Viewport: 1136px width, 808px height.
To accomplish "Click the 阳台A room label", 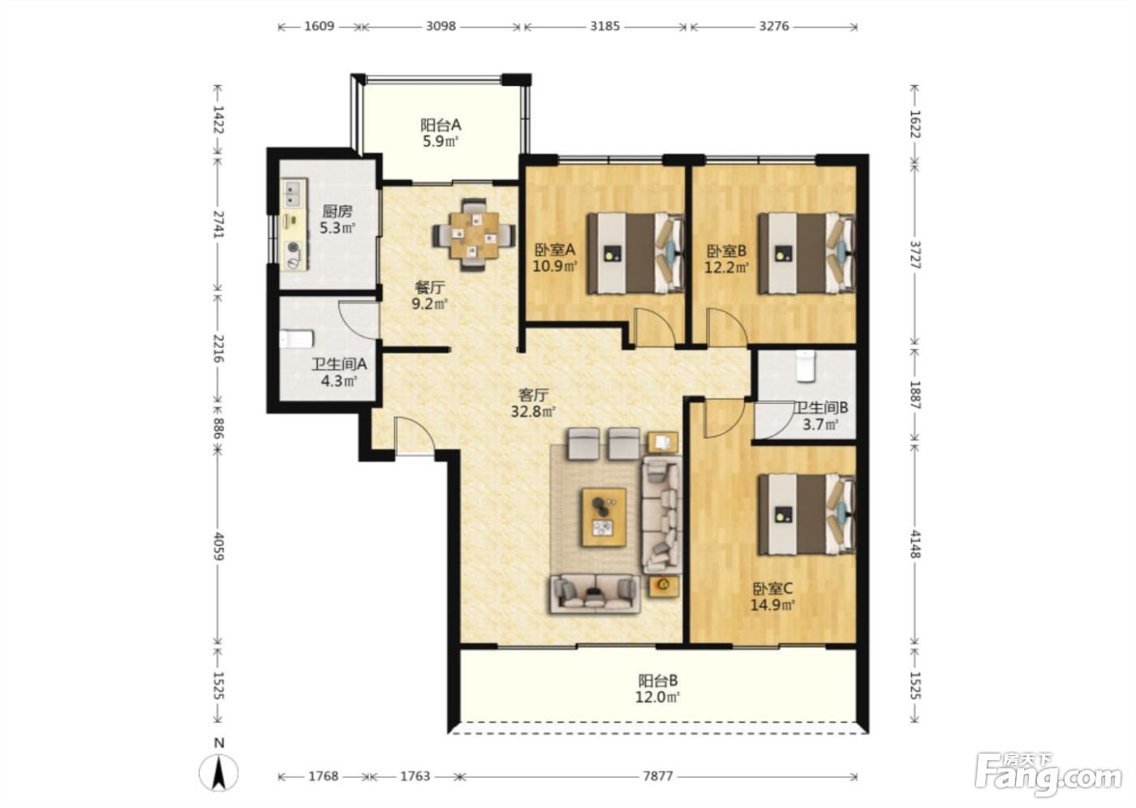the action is tap(440, 125).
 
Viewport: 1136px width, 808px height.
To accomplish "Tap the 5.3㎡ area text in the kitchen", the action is tap(337, 228).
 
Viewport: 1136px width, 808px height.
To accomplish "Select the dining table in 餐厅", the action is tap(474, 234).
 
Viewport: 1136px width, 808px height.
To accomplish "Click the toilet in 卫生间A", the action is tap(296, 339).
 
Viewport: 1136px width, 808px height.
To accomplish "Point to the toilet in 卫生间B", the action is tap(805, 366).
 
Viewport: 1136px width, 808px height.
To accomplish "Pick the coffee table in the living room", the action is tap(604, 517).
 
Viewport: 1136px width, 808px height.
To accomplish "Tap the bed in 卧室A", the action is tap(635, 253).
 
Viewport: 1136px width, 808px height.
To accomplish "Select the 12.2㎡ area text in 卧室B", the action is tap(726, 267).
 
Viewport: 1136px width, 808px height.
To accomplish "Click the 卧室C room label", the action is tap(772, 588).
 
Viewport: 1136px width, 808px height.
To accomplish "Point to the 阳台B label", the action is tap(658, 681).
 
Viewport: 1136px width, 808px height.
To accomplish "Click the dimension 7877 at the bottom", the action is tap(658, 776).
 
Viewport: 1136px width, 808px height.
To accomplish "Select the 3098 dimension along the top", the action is tap(441, 26).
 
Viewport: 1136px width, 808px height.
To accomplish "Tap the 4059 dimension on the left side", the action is tap(218, 546).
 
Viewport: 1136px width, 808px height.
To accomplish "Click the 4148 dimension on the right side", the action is tap(915, 544).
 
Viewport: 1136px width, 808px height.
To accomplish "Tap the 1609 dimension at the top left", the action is tap(319, 26).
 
